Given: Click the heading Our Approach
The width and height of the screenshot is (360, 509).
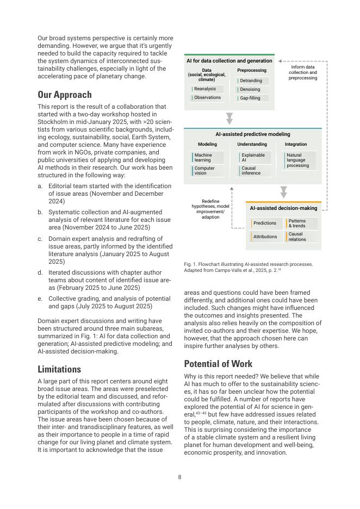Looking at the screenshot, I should point(65,95).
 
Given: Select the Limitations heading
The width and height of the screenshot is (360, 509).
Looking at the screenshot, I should point(59,369).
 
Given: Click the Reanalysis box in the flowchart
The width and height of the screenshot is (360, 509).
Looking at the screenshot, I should point(206,89).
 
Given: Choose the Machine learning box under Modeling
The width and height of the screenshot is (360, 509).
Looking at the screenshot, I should point(208,158).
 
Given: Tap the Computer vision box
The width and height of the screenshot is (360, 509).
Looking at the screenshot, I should point(208,171).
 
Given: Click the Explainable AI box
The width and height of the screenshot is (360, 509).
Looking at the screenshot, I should point(255,158).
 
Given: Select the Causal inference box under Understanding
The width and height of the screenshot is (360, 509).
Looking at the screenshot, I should point(255,171).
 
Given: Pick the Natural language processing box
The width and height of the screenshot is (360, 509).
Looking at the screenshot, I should point(300,160).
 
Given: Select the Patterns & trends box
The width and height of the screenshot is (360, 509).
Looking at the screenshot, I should point(301,223).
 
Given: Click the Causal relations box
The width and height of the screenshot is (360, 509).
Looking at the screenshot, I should point(301,237).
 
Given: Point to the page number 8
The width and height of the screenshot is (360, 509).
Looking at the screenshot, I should point(179,477).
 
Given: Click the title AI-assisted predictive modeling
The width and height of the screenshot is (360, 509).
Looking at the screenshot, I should point(253,134).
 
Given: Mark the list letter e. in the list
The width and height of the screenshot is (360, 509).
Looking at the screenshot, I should point(40,299).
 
